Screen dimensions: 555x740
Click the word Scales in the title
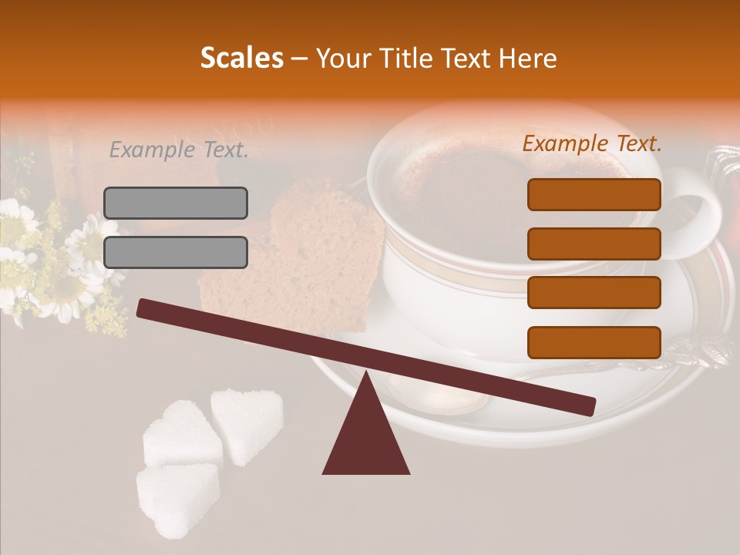(x=241, y=58)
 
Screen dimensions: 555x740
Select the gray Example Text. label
(x=179, y=150)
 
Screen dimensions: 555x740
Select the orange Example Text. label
(x=592, y=143)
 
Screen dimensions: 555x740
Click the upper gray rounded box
(x=176, y=203)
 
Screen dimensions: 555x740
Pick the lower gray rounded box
(x=176, y=252)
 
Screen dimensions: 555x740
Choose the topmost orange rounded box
(x=594, y=194)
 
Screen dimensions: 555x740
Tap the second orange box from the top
(x=594, y=244)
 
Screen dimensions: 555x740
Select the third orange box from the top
(x=594, y=292)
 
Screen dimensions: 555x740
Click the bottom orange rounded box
(x=594, y=342)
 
